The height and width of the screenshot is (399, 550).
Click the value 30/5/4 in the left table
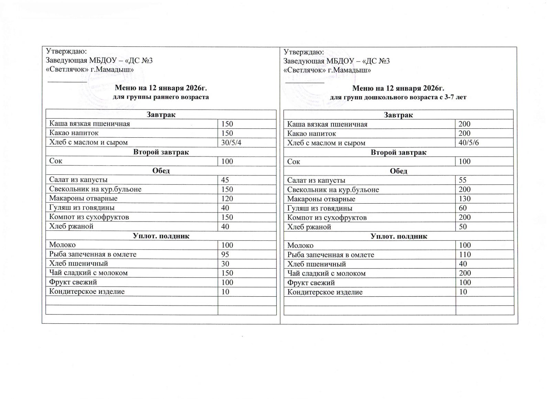pos(231,142)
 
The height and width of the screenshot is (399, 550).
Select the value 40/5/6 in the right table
pos(469,143)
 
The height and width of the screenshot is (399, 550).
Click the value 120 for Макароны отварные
pos(227,198)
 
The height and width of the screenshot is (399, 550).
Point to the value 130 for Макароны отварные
pos(465,199)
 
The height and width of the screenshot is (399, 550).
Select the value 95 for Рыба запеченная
pos(225,254)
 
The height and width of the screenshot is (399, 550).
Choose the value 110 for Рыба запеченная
pos(465,254)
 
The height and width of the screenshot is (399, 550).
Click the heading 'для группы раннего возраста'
pos(161,97)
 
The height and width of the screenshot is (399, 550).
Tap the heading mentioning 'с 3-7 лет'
pos(398,97)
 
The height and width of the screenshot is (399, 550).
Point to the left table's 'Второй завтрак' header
pos(161,152)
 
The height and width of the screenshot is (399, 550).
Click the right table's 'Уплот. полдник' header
pos(399,236)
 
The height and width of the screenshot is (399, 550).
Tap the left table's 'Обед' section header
pos(161,171)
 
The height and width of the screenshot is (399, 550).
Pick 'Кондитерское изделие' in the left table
pos(87,292)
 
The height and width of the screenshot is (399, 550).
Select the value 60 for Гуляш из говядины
pos(463,208)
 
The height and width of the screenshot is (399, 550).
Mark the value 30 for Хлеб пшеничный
pos(225,263)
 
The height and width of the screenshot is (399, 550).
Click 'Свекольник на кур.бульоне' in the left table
pos(95,189)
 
